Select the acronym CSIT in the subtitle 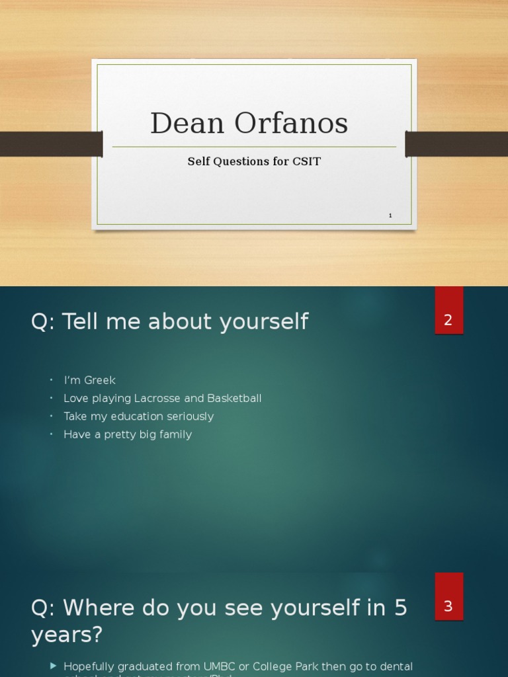click(306, 161)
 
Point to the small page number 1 click(390, 216)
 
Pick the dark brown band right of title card click(456, 143)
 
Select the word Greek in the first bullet click(100, 380)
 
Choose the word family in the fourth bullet click(174, 434)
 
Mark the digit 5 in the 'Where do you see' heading click(400, 608)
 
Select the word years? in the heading click(67, 635)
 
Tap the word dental click(395, 666)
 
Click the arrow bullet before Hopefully click(54, 666)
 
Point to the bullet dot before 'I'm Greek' click(52, 380)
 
